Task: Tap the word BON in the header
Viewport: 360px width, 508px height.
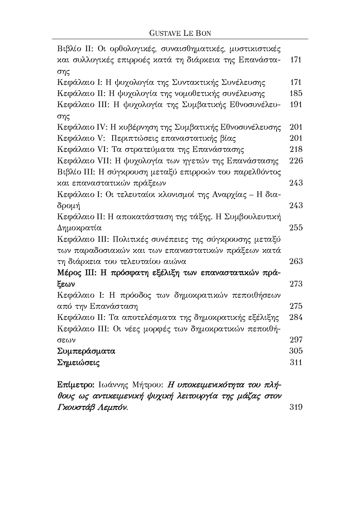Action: coord(203,33)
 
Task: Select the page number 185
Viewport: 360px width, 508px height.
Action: coord(296,94)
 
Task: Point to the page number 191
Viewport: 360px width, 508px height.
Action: coord(296,105)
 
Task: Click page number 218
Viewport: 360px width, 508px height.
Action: coord(296,149)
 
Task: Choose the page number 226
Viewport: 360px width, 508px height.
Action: coord(296,160)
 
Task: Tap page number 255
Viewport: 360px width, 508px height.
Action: coord(296,227)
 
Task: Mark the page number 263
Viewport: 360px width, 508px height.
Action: coord(296,261)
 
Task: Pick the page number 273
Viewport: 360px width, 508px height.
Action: coord(296,284)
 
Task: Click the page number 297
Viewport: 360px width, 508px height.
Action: coord(296,340)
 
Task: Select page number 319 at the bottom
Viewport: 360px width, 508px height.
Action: coord(296,407)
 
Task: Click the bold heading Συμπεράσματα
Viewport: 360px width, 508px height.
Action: coord(86,351)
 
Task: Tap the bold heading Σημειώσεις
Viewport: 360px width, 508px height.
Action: coord(79,363)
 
